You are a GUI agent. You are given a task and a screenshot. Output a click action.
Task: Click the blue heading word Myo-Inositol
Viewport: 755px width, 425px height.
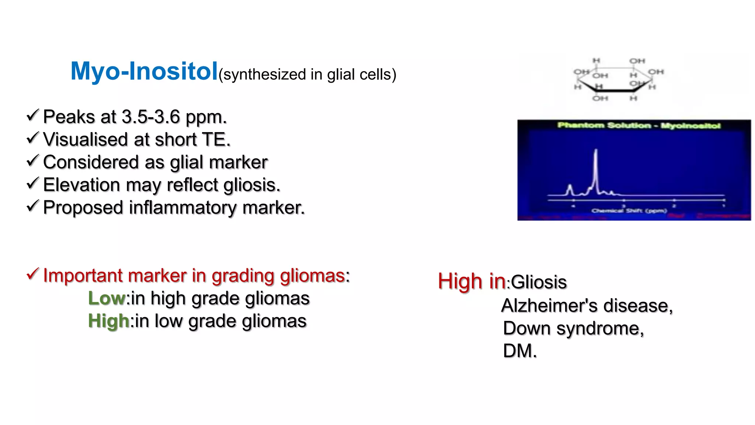click(x=144, y=71)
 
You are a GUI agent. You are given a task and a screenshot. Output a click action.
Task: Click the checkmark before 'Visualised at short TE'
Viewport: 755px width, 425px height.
click(x=32, y=138)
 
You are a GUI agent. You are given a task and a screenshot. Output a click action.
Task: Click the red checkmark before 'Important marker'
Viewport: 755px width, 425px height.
click(x=32, y=274)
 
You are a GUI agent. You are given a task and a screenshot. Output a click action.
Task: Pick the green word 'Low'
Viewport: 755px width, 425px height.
click(x=107, y=298)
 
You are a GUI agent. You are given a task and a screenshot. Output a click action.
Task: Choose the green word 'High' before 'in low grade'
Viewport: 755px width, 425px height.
click(x=108, y=321)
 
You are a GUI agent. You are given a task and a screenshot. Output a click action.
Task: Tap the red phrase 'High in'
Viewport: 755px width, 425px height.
click(x=472, y=281)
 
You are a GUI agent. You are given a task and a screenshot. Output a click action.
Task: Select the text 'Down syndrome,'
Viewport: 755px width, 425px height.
click(x=573, y=328)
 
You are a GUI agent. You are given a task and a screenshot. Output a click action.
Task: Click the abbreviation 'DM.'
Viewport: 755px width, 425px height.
click(x=520, y=351)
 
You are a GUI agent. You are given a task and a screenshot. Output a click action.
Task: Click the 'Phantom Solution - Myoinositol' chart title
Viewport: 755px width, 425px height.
click(x=639, y=126)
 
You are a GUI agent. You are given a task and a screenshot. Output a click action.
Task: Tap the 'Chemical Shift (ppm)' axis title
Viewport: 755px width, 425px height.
click(x=629, y=211)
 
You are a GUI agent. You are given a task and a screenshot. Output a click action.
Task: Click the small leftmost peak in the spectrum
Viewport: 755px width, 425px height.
click(x=570, y=189)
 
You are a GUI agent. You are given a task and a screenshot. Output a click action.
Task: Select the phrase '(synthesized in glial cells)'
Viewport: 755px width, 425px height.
click(x=307, y=75)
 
